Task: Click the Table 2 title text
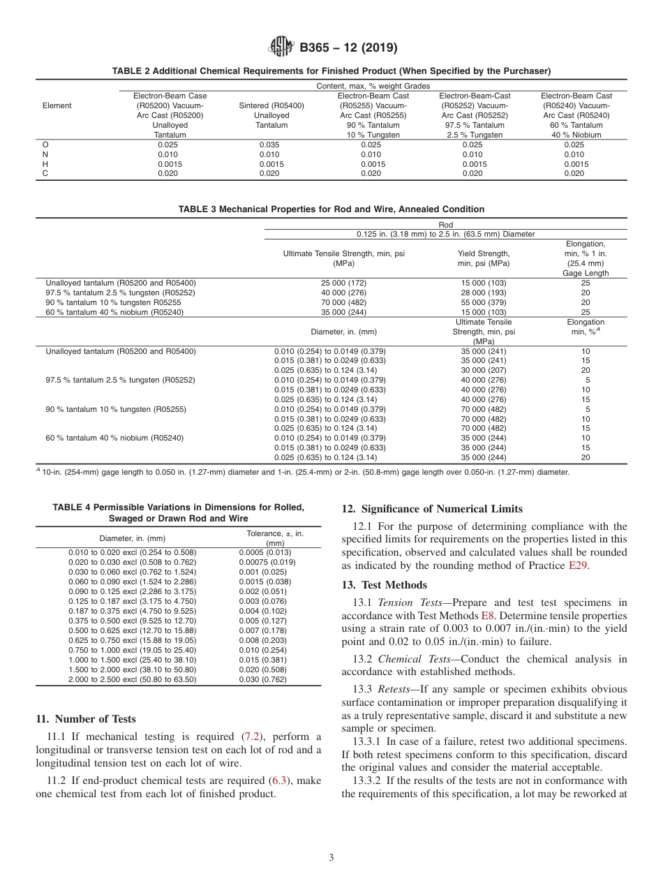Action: point(331,71)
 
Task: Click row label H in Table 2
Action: point(45,164)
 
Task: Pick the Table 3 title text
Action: point(331,209)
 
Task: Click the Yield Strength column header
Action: point(484,258)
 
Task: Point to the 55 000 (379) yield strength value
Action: point(484,302)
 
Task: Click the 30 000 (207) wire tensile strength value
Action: point(484,370)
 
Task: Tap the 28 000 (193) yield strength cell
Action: point(484,293)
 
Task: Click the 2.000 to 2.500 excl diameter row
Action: point(133,679)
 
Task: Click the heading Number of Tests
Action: point(86,719)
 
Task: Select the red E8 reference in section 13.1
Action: point(488,616)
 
